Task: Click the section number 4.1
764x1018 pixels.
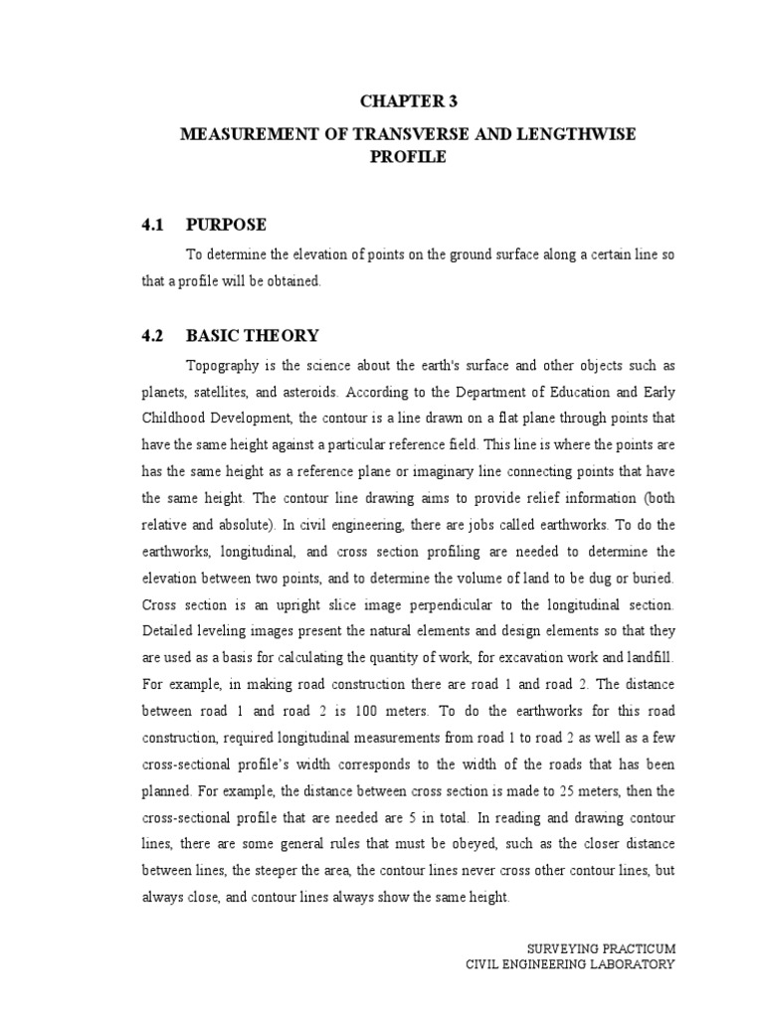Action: [x=153, y=226]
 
